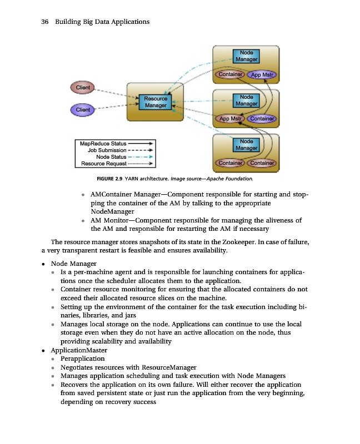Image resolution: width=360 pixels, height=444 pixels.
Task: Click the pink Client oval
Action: click(83, 87)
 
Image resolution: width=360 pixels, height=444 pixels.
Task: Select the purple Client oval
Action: click(83, 110)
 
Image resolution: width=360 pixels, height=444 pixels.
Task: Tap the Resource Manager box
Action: click(156, 102)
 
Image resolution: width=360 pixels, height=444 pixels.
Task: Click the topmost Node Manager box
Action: click(246, 56)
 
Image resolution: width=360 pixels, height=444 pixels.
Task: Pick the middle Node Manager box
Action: click(246, 100)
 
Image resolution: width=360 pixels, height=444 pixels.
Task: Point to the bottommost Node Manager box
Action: click(246, 145)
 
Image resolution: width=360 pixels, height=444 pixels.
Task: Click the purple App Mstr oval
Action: click(263, 75)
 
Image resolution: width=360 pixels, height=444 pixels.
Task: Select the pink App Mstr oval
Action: click(231, 119)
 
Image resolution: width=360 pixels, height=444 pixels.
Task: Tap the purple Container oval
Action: click(262, 119)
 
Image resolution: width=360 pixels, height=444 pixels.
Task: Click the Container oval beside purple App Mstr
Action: click(230, 75)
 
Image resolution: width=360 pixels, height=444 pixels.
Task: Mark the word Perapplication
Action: click(82, 359)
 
